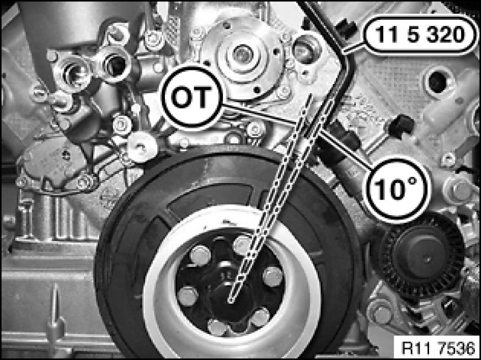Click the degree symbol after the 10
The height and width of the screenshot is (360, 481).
coord(411,181)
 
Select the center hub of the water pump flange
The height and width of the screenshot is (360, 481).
coord(242,55)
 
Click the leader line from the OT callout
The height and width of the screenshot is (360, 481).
coord(258,114)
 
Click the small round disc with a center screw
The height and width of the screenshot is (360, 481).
coord(142,147)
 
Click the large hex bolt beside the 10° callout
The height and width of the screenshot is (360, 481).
coord(460,191)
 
